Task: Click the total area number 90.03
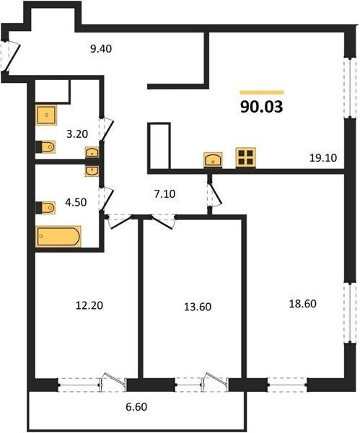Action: click(261, 107)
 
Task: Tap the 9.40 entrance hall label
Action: click(101, 48)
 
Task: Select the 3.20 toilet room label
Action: click(77, 134)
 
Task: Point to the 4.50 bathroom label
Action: click(76, 202)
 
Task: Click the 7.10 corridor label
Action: click(164, 194)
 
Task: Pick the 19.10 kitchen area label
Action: click(323, 158)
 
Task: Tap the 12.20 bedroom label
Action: click(89, 305)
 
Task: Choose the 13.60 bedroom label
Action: click(198, 307)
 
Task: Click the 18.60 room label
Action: click(302, 304)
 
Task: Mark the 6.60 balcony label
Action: click(136, 407)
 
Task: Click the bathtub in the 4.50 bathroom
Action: click(58, 237)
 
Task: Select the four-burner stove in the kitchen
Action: click(246, 157)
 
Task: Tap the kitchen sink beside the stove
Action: click(213, 159)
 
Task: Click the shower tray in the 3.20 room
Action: click(46, 115)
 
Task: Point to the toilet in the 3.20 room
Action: click(45, 146)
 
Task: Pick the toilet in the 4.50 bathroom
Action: click(45, 208)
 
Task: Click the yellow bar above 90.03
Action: click(262, 92)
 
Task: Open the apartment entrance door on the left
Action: click(11, 56)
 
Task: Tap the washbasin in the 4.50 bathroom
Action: click(92, 171)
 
